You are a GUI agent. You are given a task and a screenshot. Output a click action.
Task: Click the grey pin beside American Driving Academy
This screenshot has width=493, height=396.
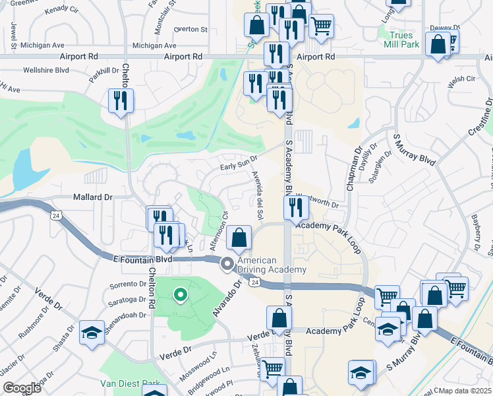click(x=227, y=265)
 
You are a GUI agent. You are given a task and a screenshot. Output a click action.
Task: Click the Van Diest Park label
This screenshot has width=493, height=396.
click(x=130, y=383)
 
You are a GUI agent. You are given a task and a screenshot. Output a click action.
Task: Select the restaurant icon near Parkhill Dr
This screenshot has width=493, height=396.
click(x=121, y=101)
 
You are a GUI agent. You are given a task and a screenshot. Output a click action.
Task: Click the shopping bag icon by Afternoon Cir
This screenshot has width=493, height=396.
click(x=239, y=238)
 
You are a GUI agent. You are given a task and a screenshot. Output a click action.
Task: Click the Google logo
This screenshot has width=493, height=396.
click(x=22, y=388)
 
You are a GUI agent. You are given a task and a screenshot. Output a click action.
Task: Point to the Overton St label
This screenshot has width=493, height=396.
click(x=191, y=30)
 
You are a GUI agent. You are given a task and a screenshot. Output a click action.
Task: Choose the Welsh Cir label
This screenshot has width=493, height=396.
click(x=461, y=79)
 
